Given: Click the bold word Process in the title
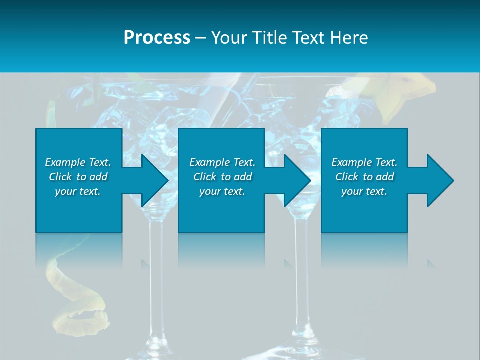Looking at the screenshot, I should (x=157, y=38).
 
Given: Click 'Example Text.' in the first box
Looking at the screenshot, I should (x=78, y=162).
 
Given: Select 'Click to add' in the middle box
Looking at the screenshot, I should (x=222, y=177).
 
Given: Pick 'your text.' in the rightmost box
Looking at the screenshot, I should (x=364, y=191).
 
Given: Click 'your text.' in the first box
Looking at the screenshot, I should (x=78, y=191).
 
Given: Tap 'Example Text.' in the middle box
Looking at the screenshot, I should (x=222, y=162).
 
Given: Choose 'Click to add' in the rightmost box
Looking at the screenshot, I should (x=364, y=177).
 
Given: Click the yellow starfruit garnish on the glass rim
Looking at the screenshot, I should (x=405, y=95).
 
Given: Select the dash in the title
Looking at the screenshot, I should (x=200, y=38).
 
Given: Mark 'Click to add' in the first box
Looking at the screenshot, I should (x=78, y=177).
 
